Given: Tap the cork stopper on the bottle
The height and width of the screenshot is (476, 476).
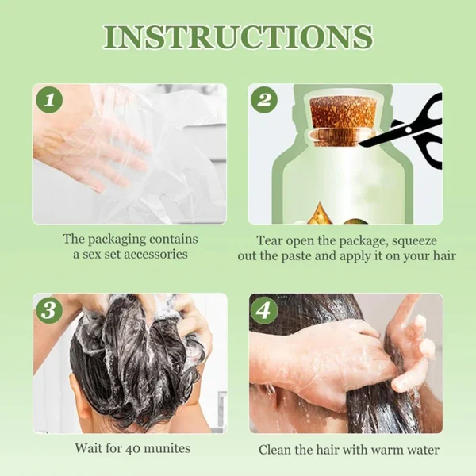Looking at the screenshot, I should (x=341, y=121).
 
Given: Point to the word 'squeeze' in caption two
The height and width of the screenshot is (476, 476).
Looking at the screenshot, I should (x=416, y=240).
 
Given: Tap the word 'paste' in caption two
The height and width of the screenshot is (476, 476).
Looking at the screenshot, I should (x=300, y=256).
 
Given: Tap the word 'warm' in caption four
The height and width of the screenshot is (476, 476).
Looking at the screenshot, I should (x=382, y=450).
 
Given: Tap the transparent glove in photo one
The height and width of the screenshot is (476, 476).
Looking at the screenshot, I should (x=119, y=151).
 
